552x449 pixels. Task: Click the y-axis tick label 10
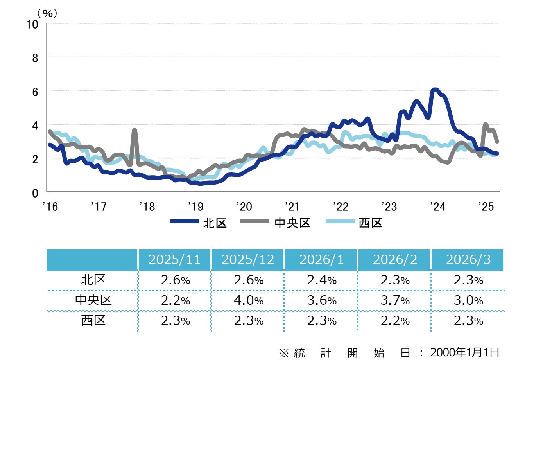click(32, 24)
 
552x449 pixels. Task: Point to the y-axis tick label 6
click(35, 92)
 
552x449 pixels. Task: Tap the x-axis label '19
click(195, 206)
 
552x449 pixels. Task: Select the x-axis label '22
click(341, 206)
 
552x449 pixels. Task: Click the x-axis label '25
click(486, 206)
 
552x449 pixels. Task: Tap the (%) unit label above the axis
click(47, 14)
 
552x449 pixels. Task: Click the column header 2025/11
click(174, 260)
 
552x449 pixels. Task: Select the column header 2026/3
click(468, 260)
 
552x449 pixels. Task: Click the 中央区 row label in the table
click(93, 300)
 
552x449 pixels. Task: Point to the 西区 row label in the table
click(93, 320)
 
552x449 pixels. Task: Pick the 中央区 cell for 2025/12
click(248, 300)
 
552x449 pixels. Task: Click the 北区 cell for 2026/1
click(322, 280)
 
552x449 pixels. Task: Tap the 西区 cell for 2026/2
click(395, 321)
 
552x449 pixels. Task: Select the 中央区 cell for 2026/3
click(468, 300)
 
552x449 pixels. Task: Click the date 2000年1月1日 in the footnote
click(464, 352)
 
